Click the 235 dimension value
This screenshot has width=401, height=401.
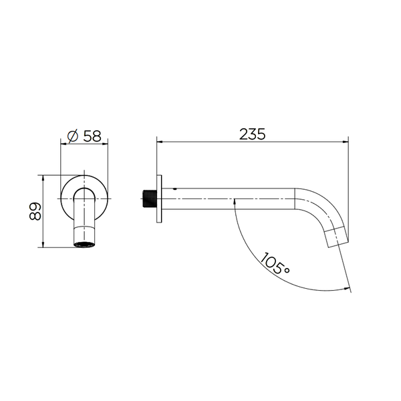coord(252,134)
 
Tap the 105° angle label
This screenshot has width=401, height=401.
coord(275,263)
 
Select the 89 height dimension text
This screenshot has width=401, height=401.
coord(35,211)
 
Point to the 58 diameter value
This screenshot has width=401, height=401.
coord(92,136)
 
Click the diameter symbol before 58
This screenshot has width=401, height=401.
coord(73,136)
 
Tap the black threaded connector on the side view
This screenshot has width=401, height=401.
coord(149,198)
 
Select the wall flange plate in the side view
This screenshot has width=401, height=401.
coord(159,198)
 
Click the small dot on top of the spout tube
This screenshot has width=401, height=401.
coord(175,189)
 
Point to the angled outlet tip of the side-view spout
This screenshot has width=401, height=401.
coord(336,237)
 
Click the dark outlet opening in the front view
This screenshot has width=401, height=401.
coord(84,244)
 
